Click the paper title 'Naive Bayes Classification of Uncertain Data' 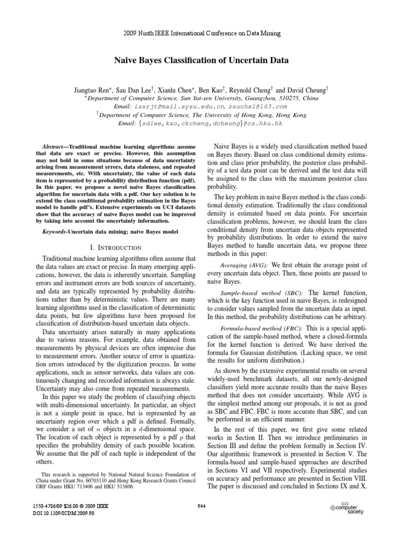201,61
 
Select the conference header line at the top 202,33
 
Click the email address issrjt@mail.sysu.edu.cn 174,105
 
